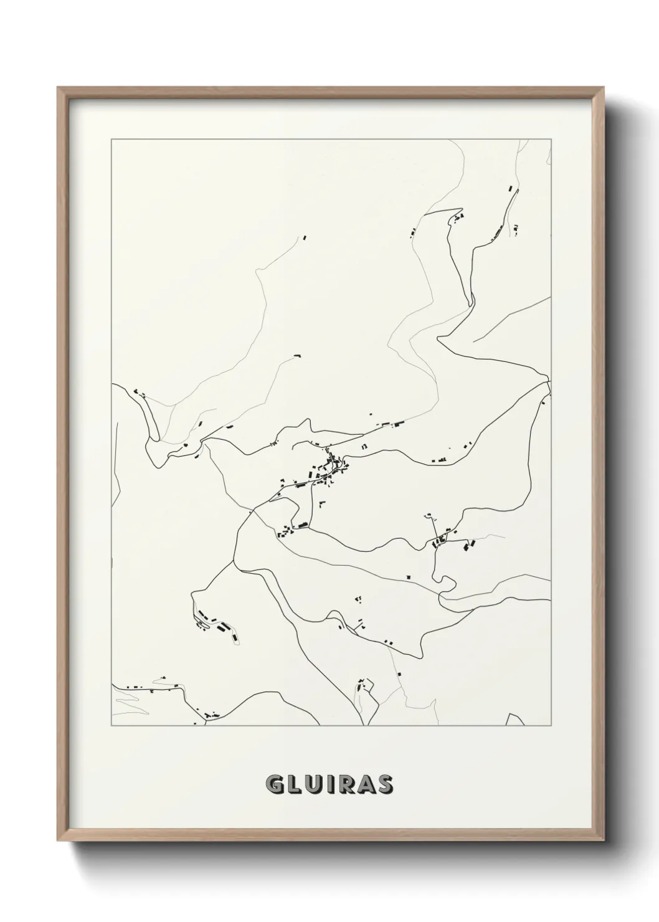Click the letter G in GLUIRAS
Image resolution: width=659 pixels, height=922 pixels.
pyautogui.click(x=274, y=786)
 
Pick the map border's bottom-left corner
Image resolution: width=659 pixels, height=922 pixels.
pyautogui.click(x=111, y=726)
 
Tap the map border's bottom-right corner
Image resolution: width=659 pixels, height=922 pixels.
pyautogui.click(x=551, y=726)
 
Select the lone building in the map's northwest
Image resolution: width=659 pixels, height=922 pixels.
pyautogui.click(x=305, y=237)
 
